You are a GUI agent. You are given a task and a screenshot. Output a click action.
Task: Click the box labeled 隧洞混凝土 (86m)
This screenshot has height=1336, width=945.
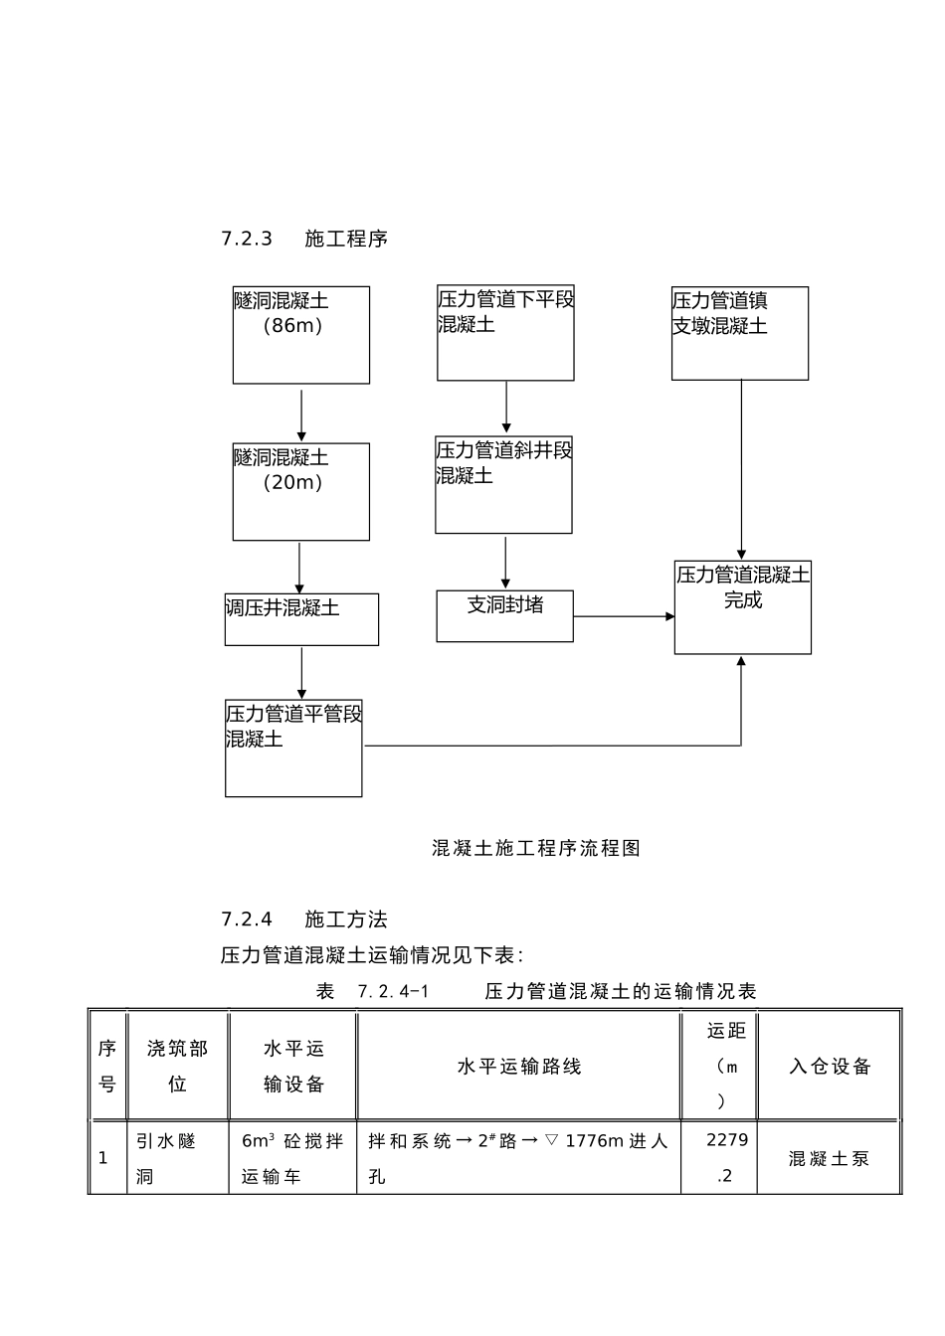(300, 335)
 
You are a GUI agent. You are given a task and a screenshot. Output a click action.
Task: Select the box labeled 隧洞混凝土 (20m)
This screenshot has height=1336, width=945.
(300, 492)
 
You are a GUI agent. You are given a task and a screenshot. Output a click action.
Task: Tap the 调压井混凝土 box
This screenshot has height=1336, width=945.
(301, 619)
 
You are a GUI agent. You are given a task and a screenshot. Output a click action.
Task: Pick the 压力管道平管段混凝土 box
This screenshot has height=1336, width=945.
(293, 749)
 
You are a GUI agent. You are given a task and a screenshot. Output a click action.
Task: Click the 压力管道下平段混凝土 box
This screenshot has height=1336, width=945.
(505, 333)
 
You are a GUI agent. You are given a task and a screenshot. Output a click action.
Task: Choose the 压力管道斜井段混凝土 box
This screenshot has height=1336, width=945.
(503, 485)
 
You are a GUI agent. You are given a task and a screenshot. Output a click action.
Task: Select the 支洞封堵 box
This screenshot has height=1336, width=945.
(504, 615)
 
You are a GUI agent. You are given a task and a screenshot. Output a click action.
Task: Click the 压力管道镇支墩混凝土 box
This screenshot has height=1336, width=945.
(739, 333)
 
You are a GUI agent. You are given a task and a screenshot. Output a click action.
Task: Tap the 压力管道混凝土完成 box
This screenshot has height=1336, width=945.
(742, 607)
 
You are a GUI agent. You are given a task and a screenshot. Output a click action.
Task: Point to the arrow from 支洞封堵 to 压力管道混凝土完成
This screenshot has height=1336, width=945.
(624, 616)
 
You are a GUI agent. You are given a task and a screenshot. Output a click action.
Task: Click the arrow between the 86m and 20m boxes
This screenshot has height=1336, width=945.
(301, 415)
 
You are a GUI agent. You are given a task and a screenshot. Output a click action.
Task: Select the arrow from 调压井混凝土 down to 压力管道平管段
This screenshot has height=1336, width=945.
(301, 673)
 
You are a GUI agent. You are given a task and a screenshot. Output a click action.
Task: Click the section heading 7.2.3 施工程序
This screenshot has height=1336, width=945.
(304, 239)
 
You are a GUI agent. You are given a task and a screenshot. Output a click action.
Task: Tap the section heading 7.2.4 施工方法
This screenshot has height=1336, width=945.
(304, 919)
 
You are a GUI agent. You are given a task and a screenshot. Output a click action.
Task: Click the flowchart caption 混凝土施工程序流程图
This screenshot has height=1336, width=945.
(536, 848)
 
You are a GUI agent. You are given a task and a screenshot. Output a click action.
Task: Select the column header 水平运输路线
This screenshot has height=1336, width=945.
(519, 1067)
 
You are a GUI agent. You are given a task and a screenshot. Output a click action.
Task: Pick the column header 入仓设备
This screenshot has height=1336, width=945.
(830, 1067)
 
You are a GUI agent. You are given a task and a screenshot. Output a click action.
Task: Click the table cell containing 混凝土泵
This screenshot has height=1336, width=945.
(830, 1158)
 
